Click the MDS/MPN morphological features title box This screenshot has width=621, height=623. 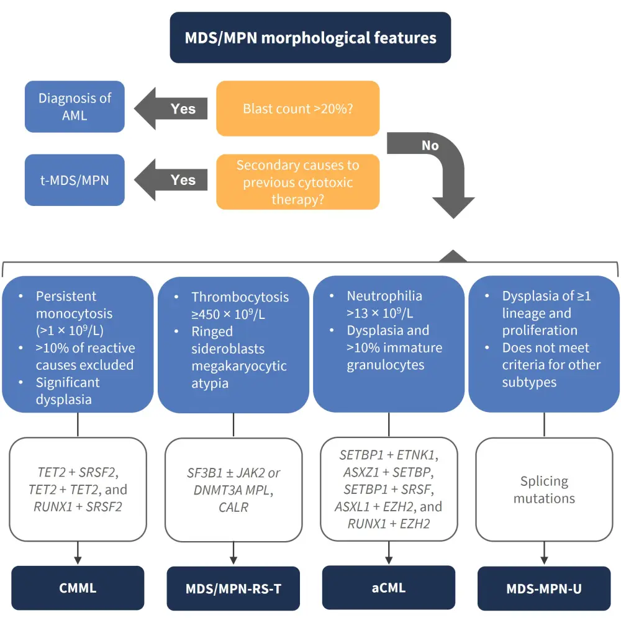(310, 37)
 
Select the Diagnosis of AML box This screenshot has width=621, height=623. (75, 107)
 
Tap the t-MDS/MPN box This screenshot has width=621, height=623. (75, 180)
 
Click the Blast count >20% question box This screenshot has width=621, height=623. (297, 109)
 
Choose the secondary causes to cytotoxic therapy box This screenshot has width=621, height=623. (297, 182)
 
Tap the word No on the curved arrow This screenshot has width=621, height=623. (430, 145)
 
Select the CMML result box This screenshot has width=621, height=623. (78, 588)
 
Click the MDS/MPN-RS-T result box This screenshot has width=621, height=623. (233, 588)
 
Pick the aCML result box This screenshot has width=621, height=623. (389, 587)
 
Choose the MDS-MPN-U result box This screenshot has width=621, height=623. (544, 588)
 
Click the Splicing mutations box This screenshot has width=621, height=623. (544, 490)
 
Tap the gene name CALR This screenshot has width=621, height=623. (233, 508)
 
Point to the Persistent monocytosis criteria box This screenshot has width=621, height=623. (78, 344)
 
